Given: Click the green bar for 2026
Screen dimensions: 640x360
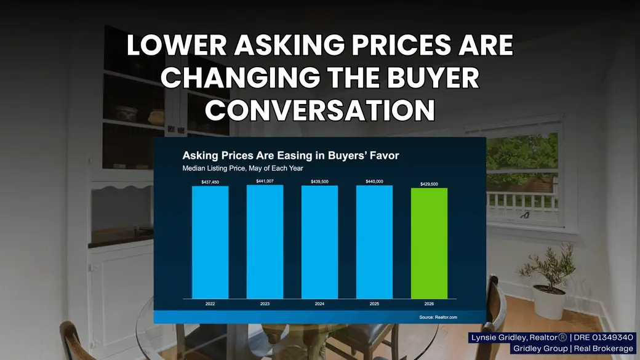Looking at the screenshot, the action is pos(429,243).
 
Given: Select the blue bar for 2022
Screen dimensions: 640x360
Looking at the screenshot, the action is pos(210,242).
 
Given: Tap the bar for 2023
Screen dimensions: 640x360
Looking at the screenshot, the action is pos(265,242).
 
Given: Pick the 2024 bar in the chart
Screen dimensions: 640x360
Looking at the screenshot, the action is pos(319,242).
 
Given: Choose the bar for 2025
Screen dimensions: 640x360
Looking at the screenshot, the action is pos(374,242).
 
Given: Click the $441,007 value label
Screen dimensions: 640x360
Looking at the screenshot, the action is pos(265,181).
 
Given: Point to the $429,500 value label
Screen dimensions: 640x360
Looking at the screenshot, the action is pos(429,184).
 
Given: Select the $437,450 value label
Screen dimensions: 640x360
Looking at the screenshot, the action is pos(210,182).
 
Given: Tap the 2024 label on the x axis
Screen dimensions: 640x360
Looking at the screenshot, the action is pos(319,303).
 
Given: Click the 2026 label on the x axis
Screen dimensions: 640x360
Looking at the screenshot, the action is pos(429,303).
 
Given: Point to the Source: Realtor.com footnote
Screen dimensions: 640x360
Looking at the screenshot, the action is pos(438,317).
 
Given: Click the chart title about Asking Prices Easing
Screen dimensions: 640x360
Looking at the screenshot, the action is pos(290,156).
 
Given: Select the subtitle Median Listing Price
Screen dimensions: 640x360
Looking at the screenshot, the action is pos(243,168).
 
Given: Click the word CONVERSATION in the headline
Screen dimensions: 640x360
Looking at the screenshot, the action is pos(320,110).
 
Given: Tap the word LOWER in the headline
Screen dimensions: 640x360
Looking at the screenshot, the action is pos(177,45).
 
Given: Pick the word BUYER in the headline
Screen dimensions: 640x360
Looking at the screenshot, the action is pos(433,78).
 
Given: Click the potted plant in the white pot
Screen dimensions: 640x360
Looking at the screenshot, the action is pos(548,281).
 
